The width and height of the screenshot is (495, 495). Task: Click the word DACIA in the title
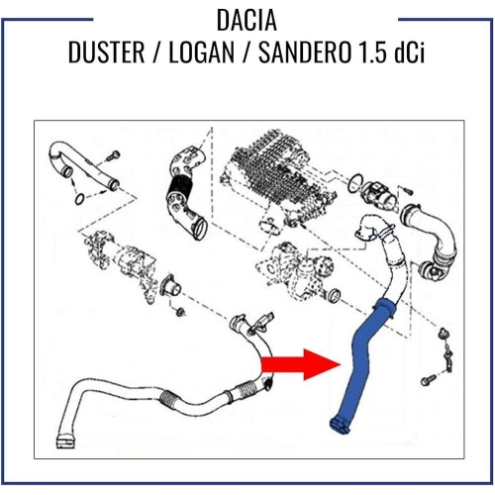247,20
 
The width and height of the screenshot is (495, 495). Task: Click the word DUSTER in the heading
106,52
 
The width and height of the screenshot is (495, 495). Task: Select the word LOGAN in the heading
202,52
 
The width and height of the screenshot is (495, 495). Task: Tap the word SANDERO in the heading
304,52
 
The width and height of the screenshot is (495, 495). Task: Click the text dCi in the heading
409,52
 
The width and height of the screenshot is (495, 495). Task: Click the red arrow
301,364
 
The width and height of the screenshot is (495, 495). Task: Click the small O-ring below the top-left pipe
79,199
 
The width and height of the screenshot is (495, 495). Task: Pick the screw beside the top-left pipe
113,155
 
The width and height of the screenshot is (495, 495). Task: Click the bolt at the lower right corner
429,380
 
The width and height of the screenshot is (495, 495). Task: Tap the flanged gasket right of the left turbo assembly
170,286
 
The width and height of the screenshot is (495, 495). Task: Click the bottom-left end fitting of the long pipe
65,442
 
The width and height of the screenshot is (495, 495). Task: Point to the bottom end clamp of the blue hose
340,426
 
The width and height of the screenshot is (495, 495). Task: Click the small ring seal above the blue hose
335,295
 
